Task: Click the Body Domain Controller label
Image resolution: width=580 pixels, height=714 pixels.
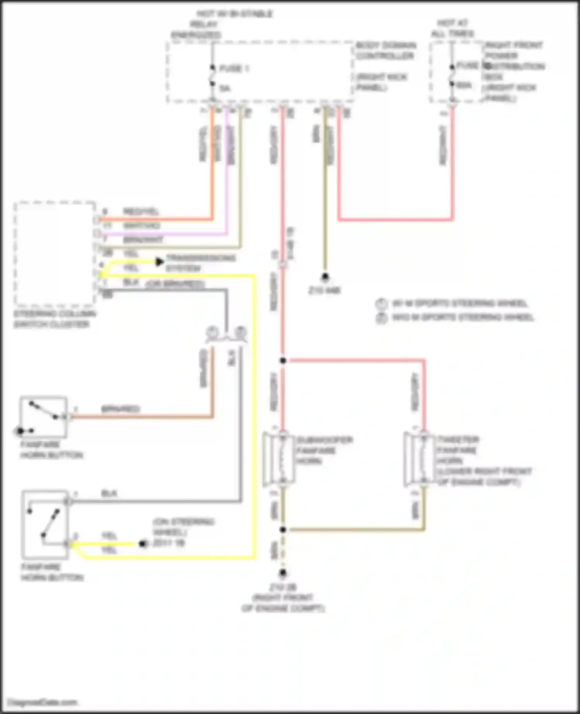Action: tap(386, 51)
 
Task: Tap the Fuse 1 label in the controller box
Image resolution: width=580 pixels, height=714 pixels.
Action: tap(234, 69)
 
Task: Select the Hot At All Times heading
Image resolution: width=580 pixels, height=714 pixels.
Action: tap(452, 28)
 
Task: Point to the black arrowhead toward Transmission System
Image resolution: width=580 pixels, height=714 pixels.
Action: tap(159, 262)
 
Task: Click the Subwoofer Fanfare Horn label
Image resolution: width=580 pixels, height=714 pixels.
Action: tap(324, 450)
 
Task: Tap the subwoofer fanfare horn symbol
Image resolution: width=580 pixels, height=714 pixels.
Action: tap(279, 459)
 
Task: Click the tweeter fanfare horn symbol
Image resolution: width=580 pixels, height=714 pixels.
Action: tap(420, 459)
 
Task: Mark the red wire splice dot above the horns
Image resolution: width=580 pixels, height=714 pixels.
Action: tap(283, 360)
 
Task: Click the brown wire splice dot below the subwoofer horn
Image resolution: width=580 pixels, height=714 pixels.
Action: tap(283, 530)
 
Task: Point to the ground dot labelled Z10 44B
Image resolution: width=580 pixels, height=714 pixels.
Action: tap(325, 277)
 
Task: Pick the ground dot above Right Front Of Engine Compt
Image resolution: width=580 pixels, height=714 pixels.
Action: tap(283, 573)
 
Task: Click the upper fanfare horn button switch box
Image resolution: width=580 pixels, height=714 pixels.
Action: tap(43, 417)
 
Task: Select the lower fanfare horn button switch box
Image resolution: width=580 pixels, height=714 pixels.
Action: tap(45, 524)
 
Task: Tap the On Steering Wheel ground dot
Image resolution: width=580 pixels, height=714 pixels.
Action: tap(142, 544)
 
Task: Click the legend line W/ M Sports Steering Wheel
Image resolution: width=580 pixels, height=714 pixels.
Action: tap(459, 303)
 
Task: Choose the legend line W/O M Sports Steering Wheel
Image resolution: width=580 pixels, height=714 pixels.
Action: tap(462, 318)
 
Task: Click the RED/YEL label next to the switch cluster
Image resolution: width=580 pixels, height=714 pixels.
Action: tap(141, 212)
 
